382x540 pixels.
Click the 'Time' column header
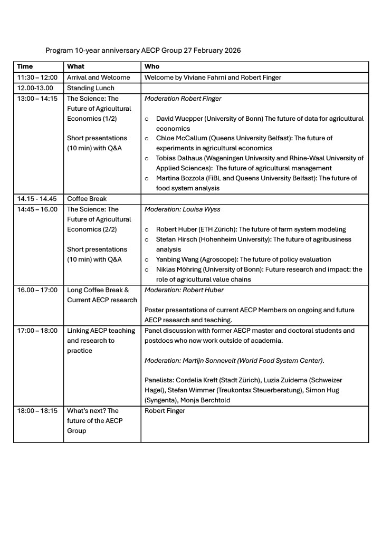25,67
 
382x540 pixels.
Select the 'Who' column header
152,67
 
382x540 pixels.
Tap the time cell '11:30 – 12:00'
37,78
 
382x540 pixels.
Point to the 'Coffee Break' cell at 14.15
87,199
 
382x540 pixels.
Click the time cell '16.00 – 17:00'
37,290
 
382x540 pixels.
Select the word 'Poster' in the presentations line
155,310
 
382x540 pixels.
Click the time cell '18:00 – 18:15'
37,411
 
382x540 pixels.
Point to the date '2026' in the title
231,51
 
